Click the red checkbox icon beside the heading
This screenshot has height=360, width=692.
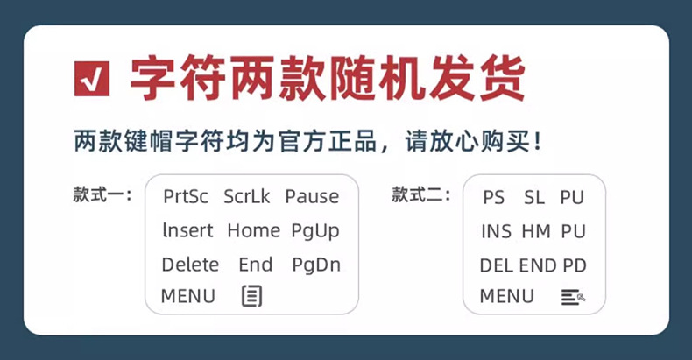(93, 80)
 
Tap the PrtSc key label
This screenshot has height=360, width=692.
(185, 197)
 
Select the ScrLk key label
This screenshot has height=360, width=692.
(246, 197)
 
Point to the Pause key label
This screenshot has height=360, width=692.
(312, 197)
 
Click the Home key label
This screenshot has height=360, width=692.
(253, 231)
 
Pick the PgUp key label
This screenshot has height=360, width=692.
(314, 231)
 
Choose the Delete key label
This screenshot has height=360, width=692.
(190, 265)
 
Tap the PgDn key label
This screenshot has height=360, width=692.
(316, 265)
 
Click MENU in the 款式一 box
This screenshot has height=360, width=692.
(187, 296)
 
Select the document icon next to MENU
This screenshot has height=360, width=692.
(251, 296)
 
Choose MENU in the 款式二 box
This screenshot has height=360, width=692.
(506, 297)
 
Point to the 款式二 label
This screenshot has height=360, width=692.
(420, 194)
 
